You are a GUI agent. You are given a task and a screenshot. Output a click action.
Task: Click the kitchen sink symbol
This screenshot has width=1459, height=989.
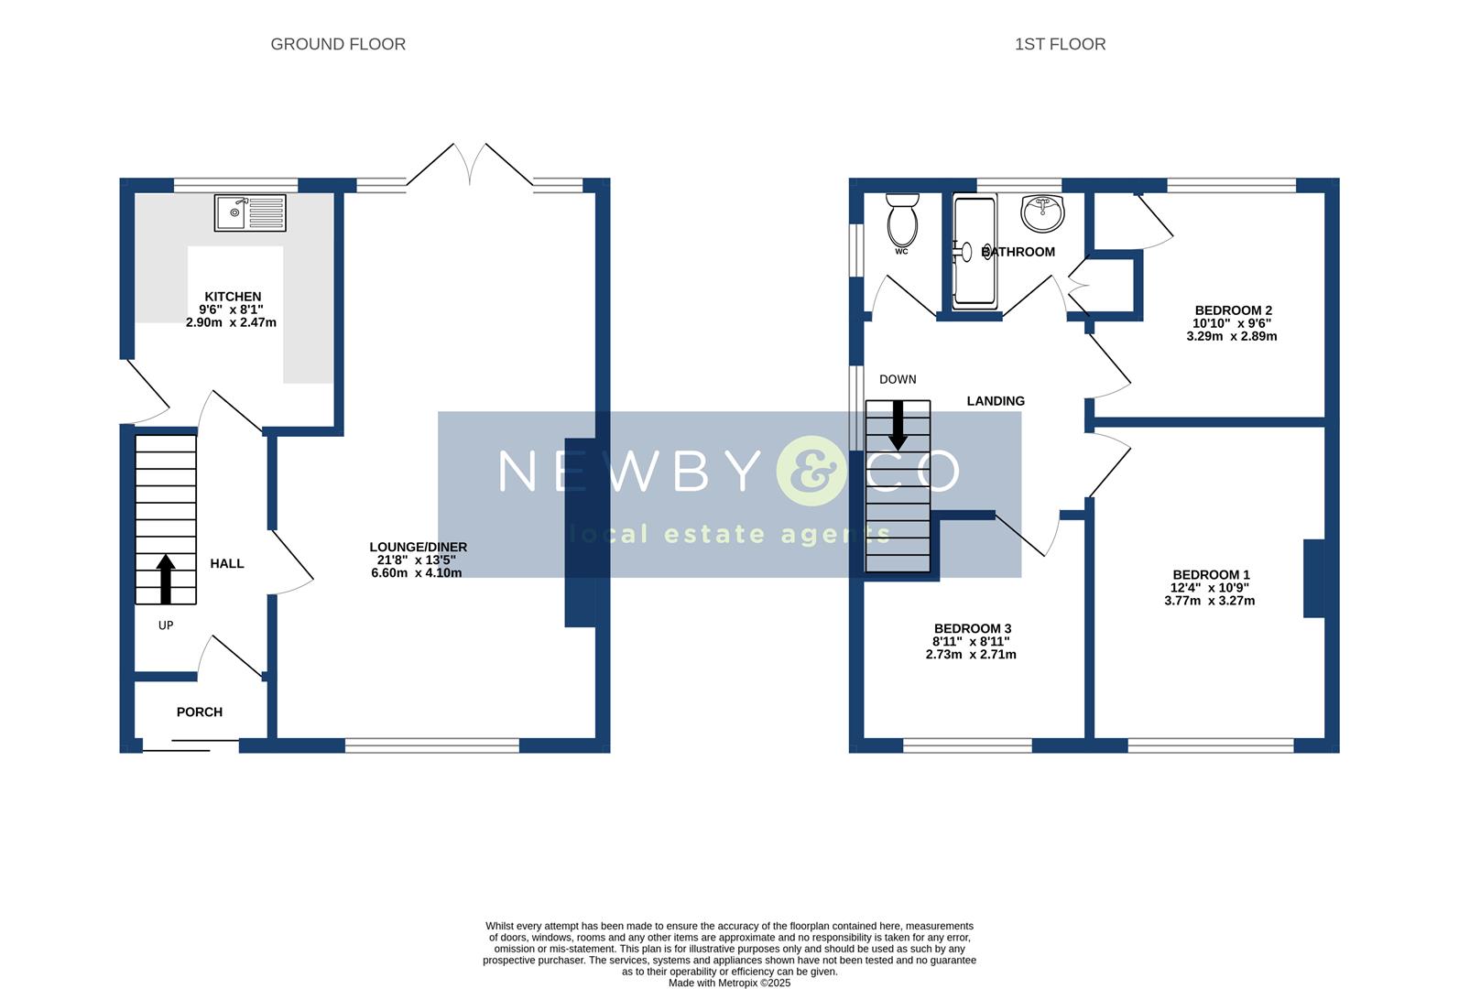tap(250, 212)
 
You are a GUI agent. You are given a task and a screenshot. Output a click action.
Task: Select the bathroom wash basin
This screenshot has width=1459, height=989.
tap(1043, 213)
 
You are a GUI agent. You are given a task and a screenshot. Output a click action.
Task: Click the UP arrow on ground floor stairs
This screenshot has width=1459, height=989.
tap(166, 579)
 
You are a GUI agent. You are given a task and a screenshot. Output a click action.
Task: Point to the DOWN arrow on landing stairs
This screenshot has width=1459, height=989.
tap(898, 425)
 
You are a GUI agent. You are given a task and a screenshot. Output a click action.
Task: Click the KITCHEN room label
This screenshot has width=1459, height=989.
tap(233, 297)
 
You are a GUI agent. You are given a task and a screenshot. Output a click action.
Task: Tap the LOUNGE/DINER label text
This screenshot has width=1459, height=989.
tap(418, 547)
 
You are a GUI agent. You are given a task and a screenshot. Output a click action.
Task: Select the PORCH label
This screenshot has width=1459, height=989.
tap(200, 712)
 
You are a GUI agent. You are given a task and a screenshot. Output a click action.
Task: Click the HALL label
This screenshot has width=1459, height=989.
tap(227, 563)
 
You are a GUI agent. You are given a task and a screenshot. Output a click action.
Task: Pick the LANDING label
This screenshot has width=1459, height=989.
tap(996, 401)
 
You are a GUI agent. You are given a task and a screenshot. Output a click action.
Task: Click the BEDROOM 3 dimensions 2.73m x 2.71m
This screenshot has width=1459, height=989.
tap(971, 655)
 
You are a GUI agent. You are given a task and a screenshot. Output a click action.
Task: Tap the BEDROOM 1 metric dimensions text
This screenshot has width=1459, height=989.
tap(1209, 601)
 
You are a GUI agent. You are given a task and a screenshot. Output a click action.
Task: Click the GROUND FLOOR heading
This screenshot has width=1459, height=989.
tap(338, 44)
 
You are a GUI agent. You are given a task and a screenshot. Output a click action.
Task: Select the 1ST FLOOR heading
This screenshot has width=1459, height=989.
tap(1060, 44)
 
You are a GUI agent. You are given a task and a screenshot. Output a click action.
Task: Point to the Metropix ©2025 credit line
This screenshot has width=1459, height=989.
tap(729, 983)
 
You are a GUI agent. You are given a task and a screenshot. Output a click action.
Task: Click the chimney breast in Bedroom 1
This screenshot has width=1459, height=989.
tap(1313, 579)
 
